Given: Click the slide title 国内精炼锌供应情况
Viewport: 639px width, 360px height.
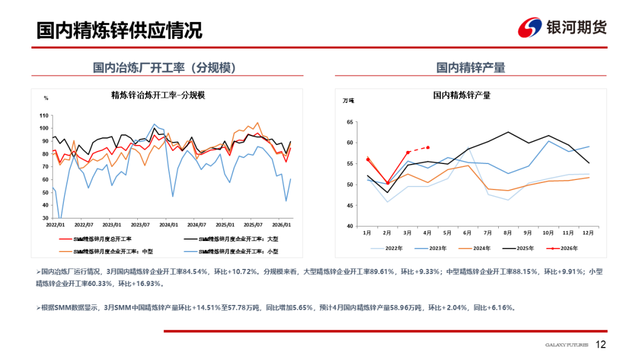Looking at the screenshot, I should point(119,30).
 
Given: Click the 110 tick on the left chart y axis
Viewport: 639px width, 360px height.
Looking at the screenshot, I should point(43,115).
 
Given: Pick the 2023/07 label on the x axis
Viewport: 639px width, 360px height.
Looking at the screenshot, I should point(140,225).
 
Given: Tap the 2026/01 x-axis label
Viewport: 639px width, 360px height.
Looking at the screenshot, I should point(281,225).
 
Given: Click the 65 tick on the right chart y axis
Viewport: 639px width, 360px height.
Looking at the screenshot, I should point(349,122).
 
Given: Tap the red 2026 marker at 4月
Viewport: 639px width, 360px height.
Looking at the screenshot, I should point(428,147).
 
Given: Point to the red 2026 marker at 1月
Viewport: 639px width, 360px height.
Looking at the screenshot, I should point(367,160).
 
